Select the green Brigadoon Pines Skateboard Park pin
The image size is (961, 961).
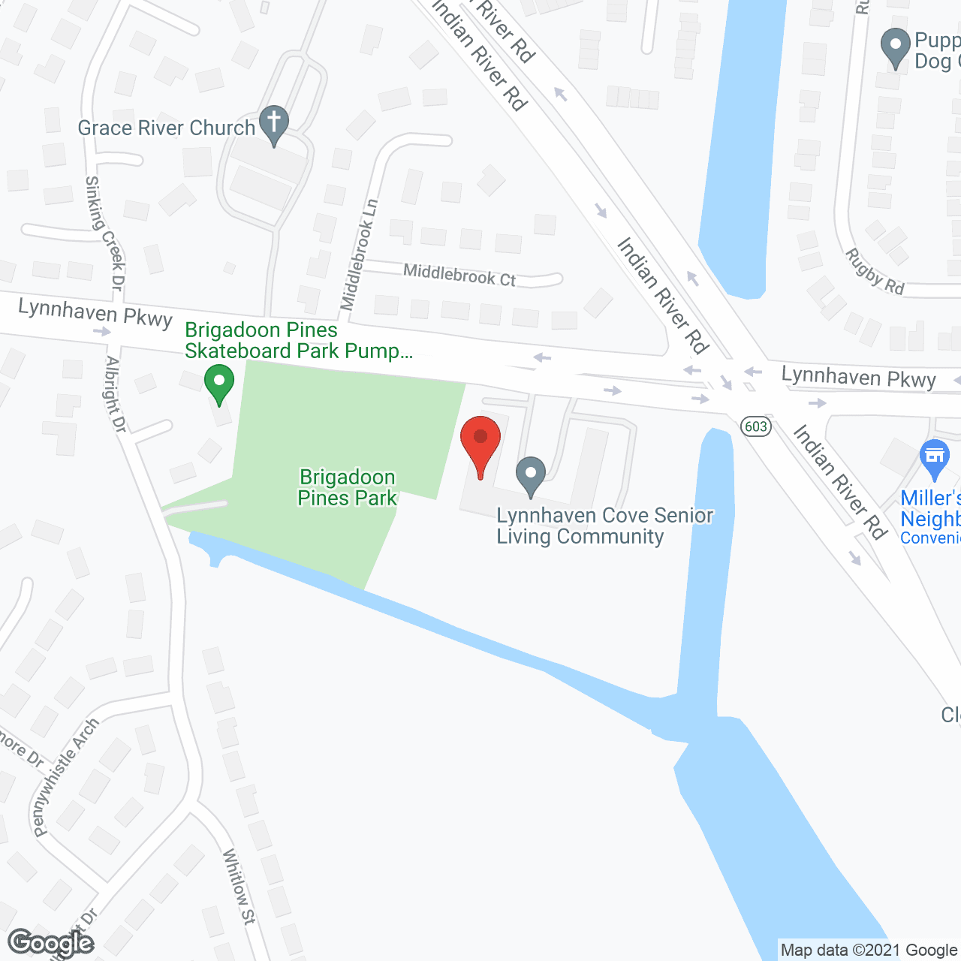pos(218,384)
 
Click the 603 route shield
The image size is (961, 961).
pos(755,426)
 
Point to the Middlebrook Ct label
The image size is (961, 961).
pos(459,275)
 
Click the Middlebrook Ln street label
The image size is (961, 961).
pos(359,255)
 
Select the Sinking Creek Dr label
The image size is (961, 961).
pos(105,232)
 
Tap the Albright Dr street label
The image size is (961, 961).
pos(116,393)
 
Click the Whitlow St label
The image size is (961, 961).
pos(239,886)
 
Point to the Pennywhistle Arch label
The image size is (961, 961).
pos(66,777)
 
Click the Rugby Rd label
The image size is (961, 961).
pos(875,271)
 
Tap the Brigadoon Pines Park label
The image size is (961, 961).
pos(347,487)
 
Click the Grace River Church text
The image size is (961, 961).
pos(167,128)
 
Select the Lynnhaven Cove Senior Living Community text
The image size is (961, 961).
pos(604,526)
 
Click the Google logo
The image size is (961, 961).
pos(50,943)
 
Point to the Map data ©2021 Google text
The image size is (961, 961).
pos(869,950)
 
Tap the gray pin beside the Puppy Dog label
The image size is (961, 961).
pos(895,47)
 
